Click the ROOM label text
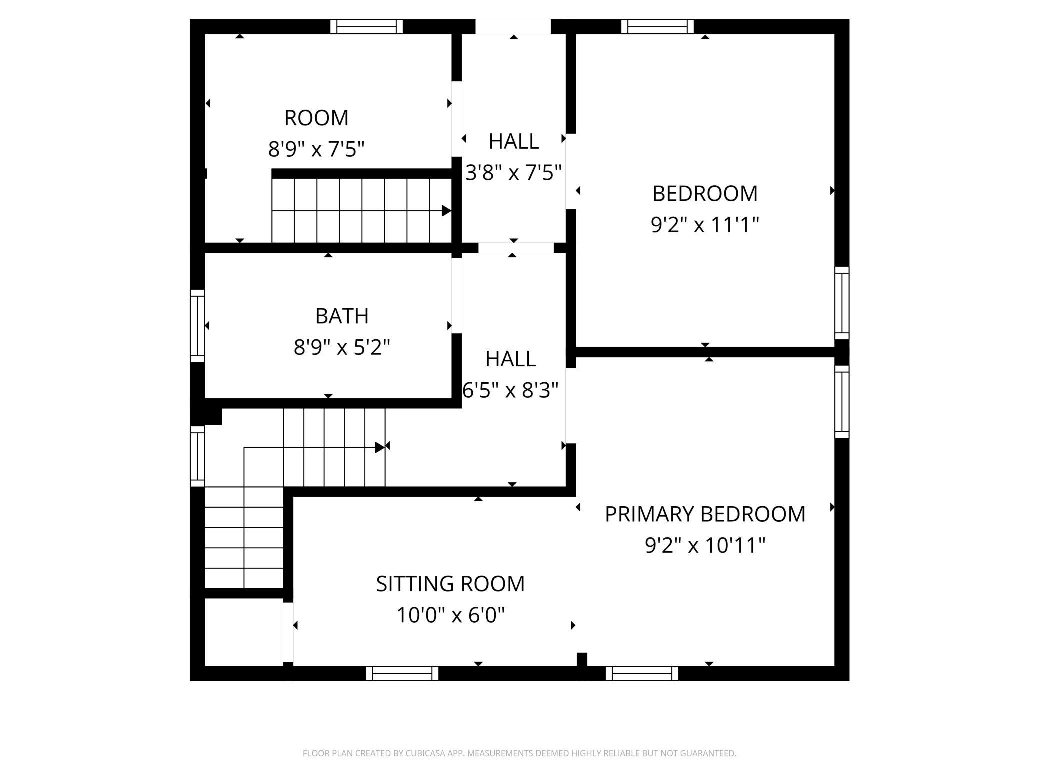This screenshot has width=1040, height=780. click(x=316, y=118)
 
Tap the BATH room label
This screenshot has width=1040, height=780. click(x=342, y=316)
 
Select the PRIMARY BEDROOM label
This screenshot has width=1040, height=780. click(x=705, y=514)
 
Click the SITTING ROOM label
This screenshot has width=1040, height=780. click(x=450, y=584)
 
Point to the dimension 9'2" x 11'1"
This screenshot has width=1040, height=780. click(x=705, y=225)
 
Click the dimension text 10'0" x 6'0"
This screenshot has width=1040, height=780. click(x=450, y=615)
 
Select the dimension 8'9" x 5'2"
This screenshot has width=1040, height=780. click(x=342, y=347)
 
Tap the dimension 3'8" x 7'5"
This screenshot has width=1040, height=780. click(x=513, y=173)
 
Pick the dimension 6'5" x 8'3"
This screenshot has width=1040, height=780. click(x=510, y=390)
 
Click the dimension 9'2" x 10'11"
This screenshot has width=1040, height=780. click(x=705, y=545)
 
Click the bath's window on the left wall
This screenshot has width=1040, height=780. click(x=197, y=326)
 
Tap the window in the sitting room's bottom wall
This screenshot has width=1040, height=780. click(x=402, y=673)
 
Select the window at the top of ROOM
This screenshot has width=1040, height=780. click(x=366, y=26)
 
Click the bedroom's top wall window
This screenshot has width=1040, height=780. click(x=657, y=26)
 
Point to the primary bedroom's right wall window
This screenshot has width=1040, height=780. click(x=842, y=402)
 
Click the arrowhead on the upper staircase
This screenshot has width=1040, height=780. click(x=446, y=211)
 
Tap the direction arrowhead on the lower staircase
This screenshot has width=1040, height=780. click(x=380, y=447)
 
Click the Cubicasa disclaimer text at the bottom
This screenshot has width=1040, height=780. click(x=520, y=753)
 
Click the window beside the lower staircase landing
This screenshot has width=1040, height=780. click(x=197, y=456)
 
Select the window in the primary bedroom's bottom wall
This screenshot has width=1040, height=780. click(x=642, y=673)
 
